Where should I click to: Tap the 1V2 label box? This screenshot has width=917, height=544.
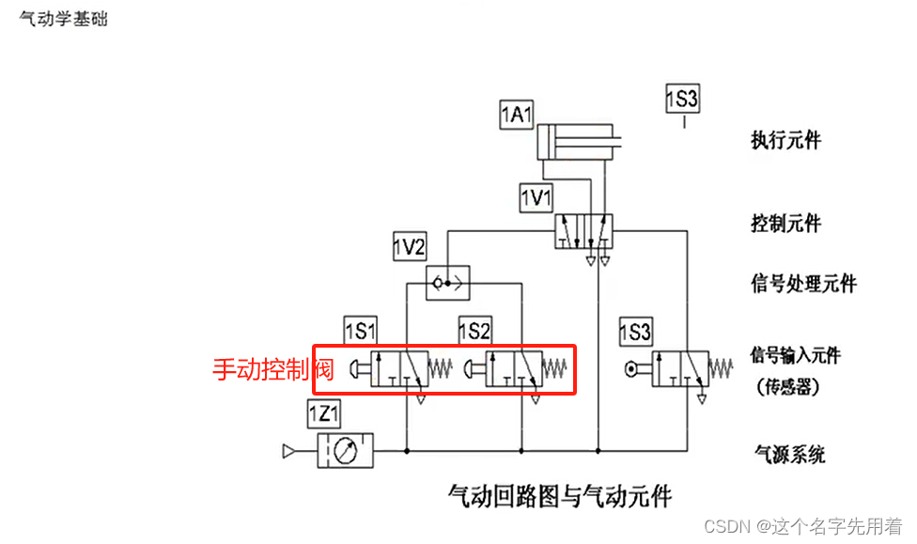410,247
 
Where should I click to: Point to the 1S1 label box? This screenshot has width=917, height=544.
360,331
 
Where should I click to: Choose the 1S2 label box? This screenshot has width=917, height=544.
475,331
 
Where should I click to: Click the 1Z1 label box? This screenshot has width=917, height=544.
324,412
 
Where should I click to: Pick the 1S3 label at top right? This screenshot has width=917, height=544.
683,98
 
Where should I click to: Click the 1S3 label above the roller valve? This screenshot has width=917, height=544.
636,331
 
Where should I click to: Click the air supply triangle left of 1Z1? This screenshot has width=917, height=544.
290,452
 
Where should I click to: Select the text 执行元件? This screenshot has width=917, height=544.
785,140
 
